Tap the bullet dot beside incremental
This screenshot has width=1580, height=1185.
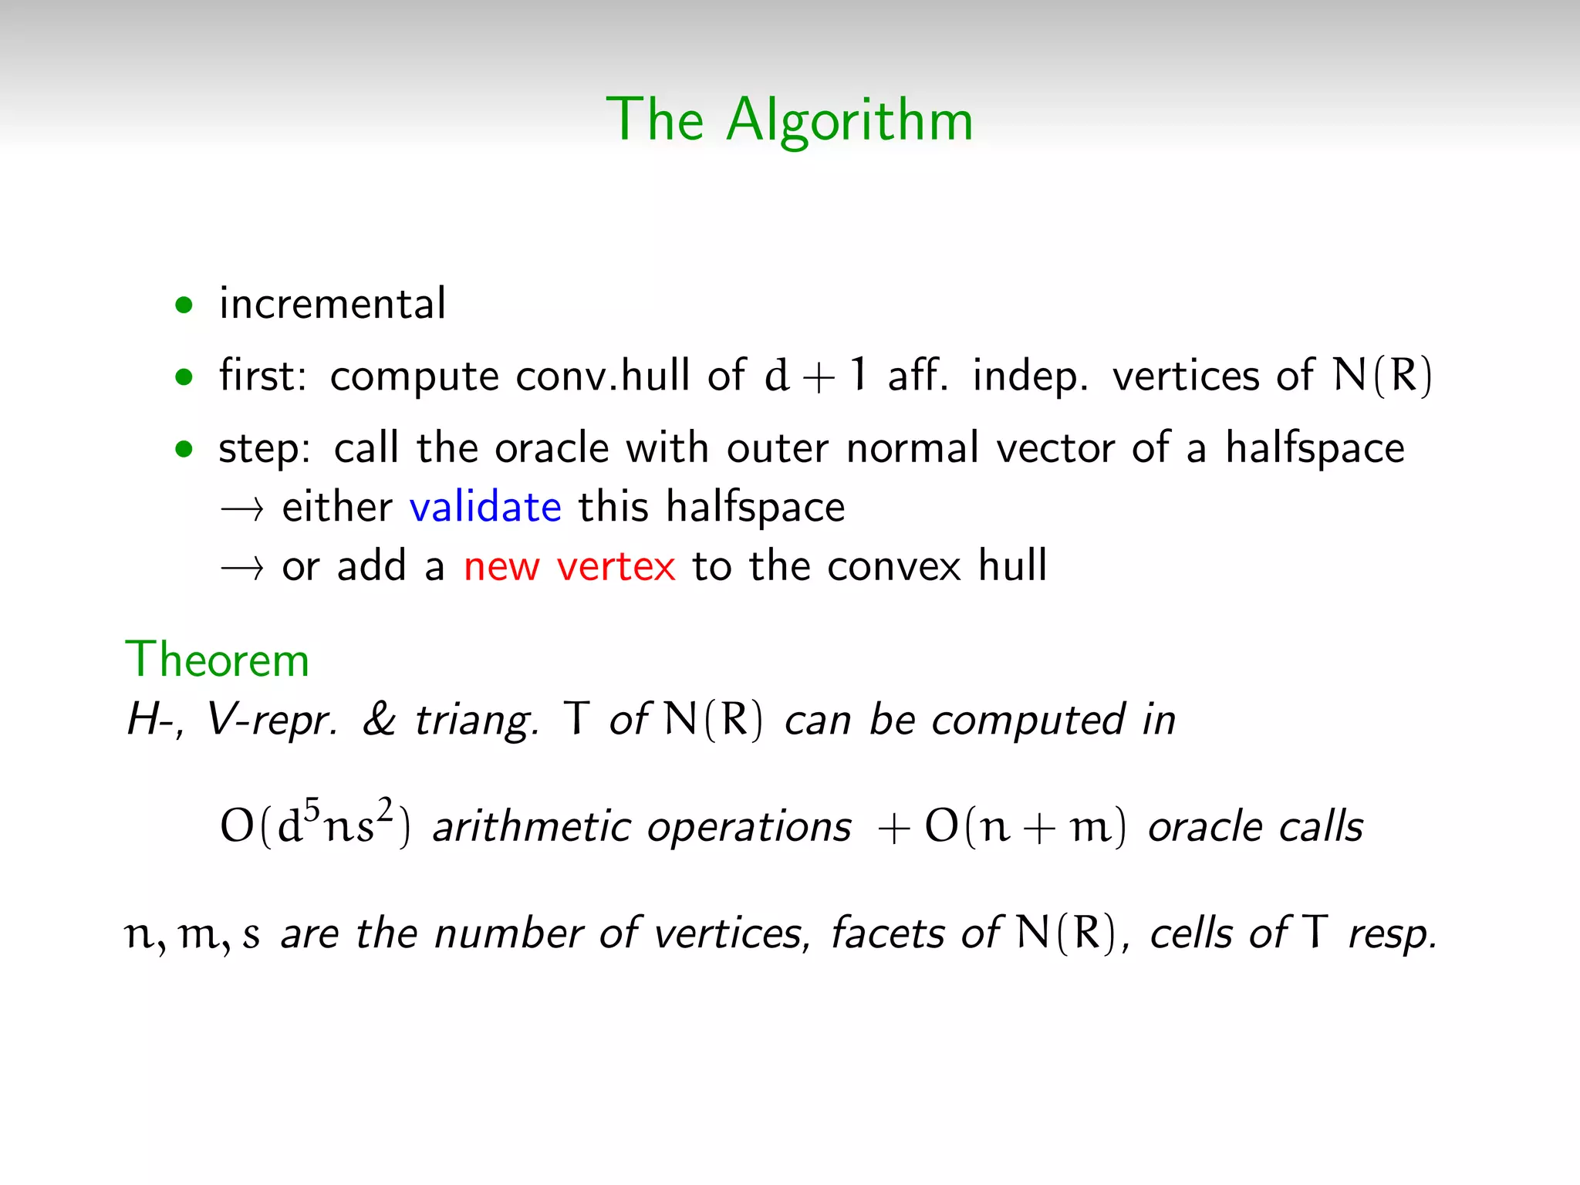[x=184, y=306]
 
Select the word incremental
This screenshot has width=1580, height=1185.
[x=333, y=303]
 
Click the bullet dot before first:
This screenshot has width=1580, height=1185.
[x=184, y=378]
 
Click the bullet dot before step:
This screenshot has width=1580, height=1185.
[x=184, y=449]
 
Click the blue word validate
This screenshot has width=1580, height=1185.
[x=485, y=508]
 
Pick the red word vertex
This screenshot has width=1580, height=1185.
[x=616, y=567]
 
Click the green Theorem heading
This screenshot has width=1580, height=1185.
[x=218, y=660]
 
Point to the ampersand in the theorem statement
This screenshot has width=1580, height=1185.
[x=379, y=720]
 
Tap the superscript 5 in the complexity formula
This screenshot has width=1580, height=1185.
[x=311, y=809]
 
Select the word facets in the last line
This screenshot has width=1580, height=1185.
[x=887, y=933]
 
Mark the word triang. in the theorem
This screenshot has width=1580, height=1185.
[x=476, y=721]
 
